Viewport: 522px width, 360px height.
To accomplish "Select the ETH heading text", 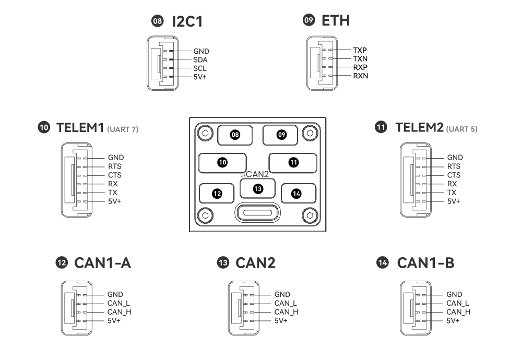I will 336,21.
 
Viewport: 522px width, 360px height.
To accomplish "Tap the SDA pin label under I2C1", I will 200,59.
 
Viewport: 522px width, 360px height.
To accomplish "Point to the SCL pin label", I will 200,68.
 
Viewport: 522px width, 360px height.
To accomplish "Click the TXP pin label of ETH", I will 360,50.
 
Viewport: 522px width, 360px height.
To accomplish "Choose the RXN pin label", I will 361,76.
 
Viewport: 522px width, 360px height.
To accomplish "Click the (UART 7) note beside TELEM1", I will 123,129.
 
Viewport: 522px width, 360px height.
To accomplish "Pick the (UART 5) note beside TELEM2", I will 462,129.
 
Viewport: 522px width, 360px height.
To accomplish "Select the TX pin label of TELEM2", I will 452,192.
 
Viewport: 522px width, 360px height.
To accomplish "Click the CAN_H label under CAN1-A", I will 118,311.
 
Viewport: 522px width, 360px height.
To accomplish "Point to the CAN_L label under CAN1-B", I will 458,303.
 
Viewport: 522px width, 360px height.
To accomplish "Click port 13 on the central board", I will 257,188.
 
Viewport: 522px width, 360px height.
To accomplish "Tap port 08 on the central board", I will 235,135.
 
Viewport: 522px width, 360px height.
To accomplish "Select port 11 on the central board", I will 293,162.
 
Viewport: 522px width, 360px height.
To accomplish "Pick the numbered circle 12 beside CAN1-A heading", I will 63,263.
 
